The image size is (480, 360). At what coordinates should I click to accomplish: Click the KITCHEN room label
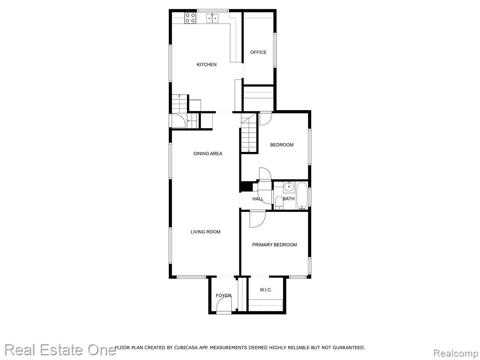click(x=207, y=65)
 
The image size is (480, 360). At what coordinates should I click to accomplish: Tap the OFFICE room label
click(x=258, y=52)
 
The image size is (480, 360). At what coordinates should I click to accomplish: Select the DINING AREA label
click(x=208, y=153)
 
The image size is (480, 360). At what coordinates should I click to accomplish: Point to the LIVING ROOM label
click(x=205, y=232)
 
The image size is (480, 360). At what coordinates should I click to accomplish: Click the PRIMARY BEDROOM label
click(x=275, y=245)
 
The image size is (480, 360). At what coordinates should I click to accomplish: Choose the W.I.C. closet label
click(x=266, y=290)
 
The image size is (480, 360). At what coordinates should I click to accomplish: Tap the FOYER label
click(x=224, y=295)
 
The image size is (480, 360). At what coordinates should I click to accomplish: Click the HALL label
click(x=258, y=199)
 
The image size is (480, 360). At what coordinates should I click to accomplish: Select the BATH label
click(x=289, y=199)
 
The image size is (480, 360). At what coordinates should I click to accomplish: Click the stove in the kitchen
click(x=190, y=18)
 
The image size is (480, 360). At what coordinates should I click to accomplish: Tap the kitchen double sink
click(x=212, y=18)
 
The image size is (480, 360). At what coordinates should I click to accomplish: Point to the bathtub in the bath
click(x=302, y=196)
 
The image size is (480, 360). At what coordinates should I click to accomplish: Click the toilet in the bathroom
click(x=279, y=202)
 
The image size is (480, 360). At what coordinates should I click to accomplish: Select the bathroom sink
click(x=289, y=187)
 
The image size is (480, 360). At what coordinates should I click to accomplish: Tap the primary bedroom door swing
click(x=257, y=219)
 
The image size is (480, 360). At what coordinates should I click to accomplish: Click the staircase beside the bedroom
click(x=248, y=133)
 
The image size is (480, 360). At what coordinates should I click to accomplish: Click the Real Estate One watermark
click(x=60, y=350)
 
